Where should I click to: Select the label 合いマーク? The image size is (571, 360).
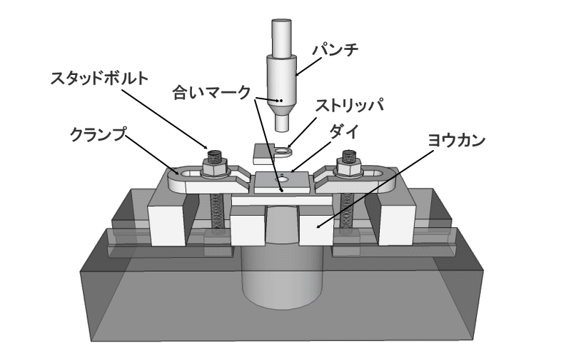pyautogui.click(x=212, y=92)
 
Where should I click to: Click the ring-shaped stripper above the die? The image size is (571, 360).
pyautogui.click(x=283, y=151)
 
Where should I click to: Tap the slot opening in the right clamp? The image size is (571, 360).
pyautogui.click(x=375, y=172)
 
